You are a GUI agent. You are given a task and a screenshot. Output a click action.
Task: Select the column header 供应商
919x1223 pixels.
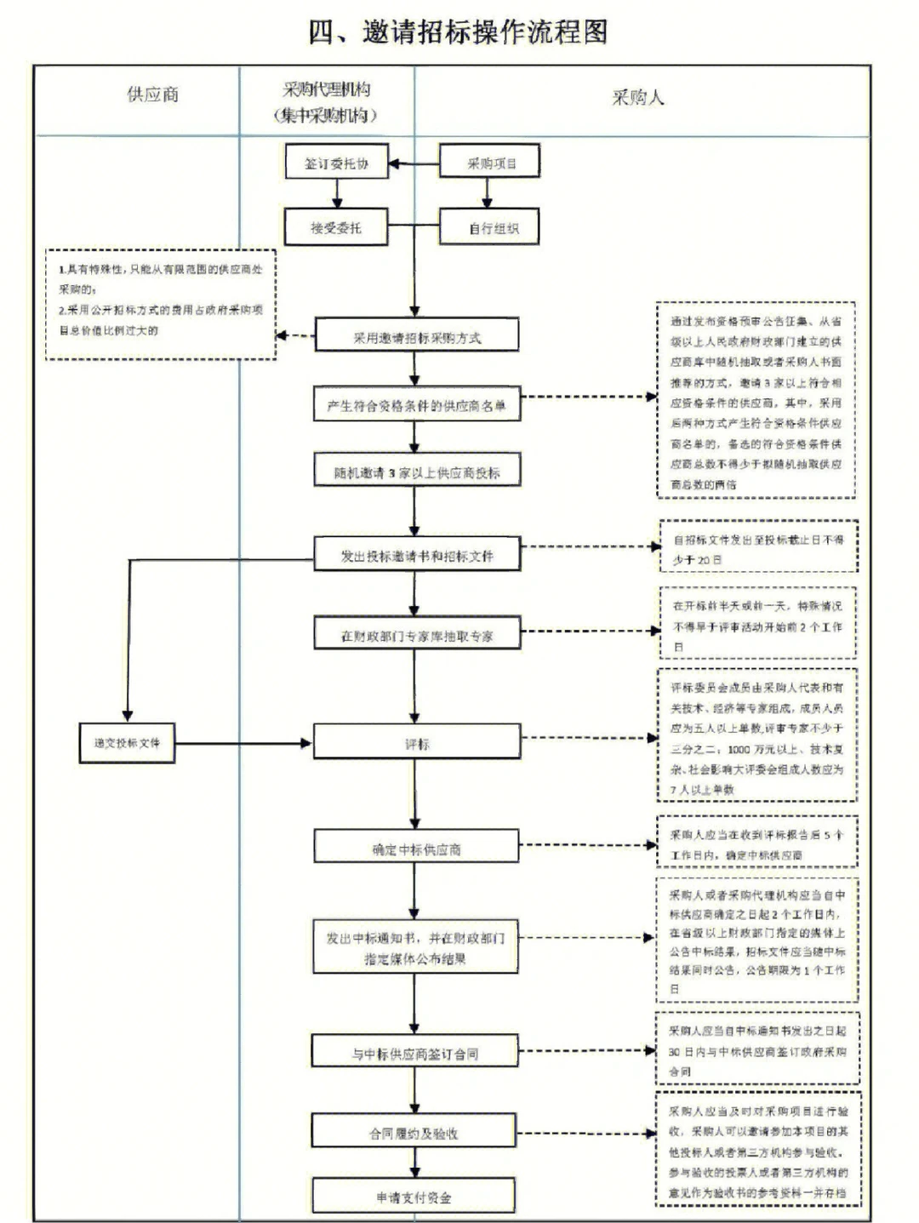153,94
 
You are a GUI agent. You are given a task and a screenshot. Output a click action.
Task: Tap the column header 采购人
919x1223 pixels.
637,97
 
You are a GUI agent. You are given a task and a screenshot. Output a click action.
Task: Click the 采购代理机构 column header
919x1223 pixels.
327,101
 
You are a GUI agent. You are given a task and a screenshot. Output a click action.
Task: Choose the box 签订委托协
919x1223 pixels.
336,163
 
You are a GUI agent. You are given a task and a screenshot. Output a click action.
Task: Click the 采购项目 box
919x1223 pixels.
490,163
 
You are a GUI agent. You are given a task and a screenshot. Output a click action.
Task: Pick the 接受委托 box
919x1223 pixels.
336,227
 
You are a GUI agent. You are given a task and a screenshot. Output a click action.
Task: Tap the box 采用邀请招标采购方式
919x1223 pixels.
416,337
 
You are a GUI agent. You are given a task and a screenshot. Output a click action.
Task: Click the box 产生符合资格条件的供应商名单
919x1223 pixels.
416,405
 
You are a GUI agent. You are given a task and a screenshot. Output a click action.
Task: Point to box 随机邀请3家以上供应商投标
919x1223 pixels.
416,472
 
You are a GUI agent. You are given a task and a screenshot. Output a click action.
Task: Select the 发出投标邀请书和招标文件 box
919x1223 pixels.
416,556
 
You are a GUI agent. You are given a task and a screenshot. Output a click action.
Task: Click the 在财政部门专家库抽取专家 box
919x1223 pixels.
416,635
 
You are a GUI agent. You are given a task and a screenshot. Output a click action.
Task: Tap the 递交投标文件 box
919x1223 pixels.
127,742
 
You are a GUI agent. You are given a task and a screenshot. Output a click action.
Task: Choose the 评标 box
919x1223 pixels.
416,743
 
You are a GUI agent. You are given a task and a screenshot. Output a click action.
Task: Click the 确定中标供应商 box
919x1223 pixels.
416,849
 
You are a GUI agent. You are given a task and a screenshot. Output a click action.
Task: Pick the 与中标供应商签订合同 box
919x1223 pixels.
414,1053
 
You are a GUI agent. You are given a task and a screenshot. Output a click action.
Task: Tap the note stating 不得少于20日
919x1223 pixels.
757,549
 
